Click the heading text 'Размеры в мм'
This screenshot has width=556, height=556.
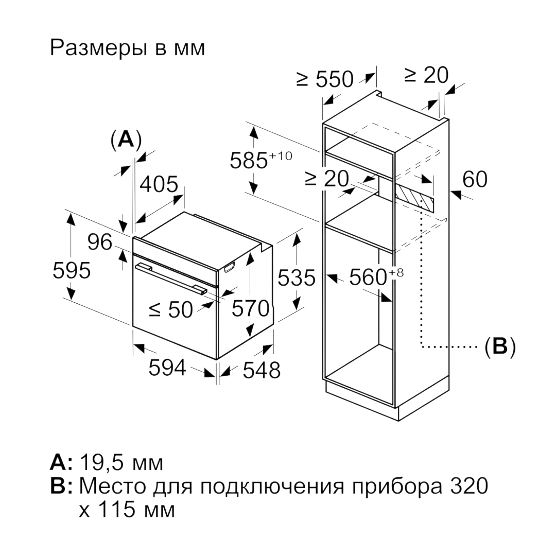128,48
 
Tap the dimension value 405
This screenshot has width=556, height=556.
159,184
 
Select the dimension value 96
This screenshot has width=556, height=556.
100,242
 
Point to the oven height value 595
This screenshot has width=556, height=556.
72,271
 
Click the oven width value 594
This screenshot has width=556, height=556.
167,368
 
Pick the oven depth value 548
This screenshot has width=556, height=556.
262,370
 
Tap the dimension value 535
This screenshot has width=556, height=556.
297,277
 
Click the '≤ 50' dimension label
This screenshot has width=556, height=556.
171,309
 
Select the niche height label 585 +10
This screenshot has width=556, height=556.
261,160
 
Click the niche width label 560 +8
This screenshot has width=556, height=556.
376,276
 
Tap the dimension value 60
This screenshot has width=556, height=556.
475,179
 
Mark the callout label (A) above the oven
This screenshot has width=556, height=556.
126,140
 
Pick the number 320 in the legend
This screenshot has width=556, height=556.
470,486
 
